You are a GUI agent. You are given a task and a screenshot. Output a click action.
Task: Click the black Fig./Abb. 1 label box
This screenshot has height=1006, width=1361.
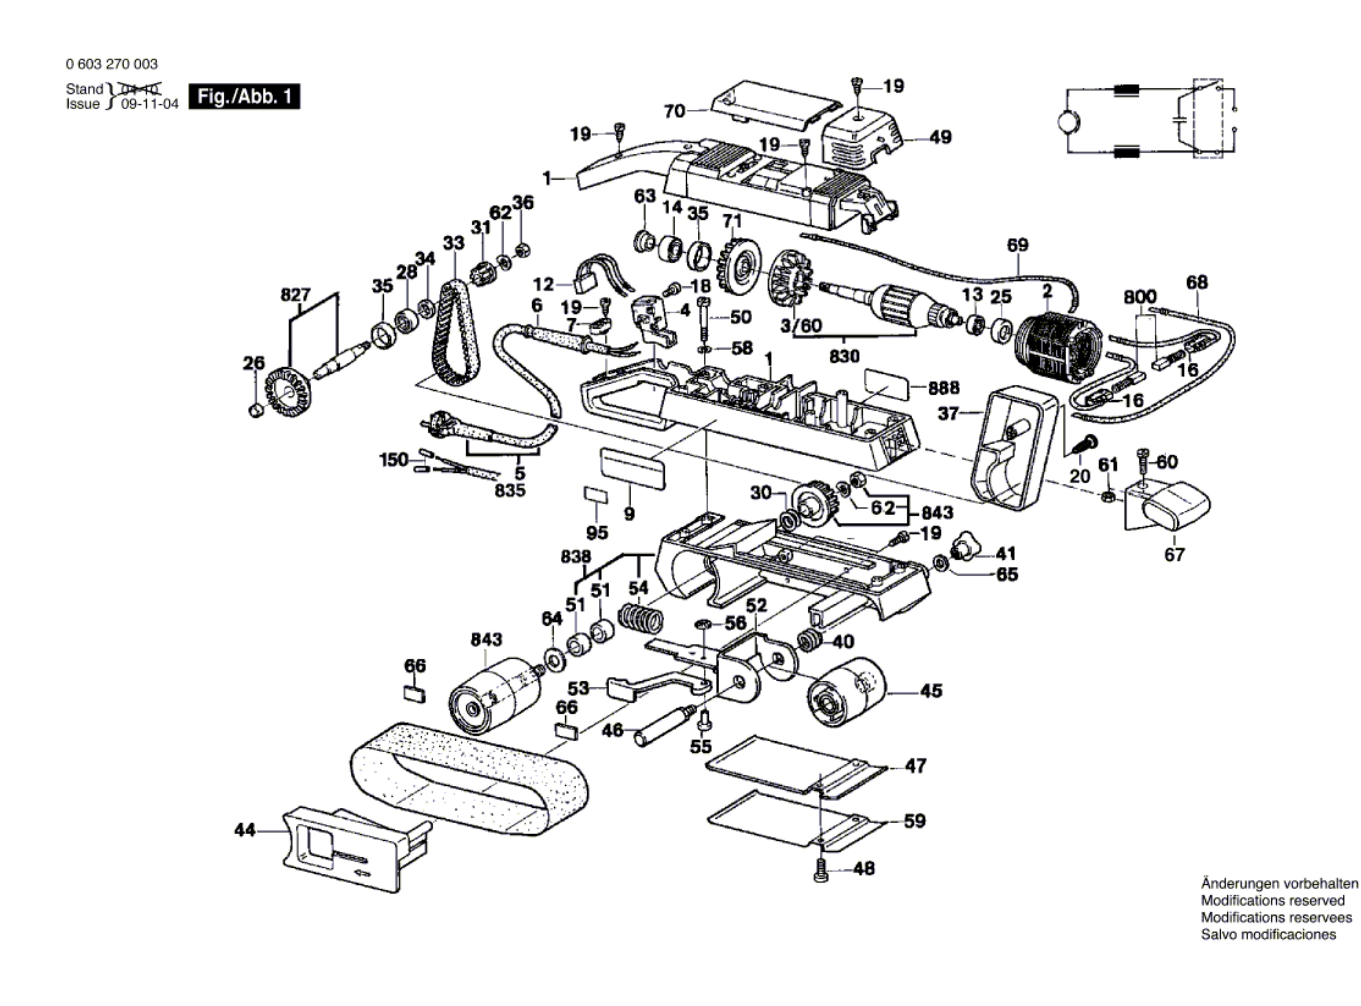click(x=244, y=97)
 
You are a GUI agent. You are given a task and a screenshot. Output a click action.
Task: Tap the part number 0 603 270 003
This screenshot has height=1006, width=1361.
click(x=111, y=64)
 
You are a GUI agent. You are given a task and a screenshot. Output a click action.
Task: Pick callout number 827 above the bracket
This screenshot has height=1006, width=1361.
click(x=296, y=295)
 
